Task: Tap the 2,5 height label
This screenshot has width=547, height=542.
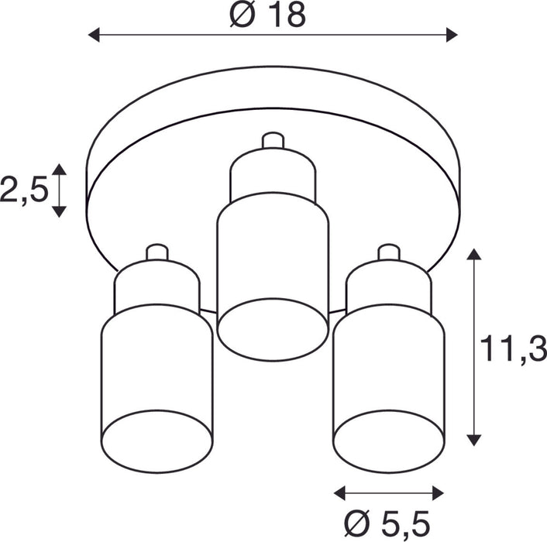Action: pyautogui.click(x=24, y=190)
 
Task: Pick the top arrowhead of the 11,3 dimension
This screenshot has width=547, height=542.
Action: pyautogui.click(x=474, y=255)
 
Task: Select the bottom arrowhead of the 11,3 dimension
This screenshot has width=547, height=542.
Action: pyautogui.click(x=474, y=440)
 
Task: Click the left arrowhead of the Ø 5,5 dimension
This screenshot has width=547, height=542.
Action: pyautogui.click(x=340, y=492)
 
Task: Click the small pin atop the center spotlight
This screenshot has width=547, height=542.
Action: pyautogui.click(x=273, y=140)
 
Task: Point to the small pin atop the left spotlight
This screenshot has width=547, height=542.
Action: pyautogui.click(x=157, y=252)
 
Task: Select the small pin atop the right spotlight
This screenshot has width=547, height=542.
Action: pyautogui.click(x=388, y=252)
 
